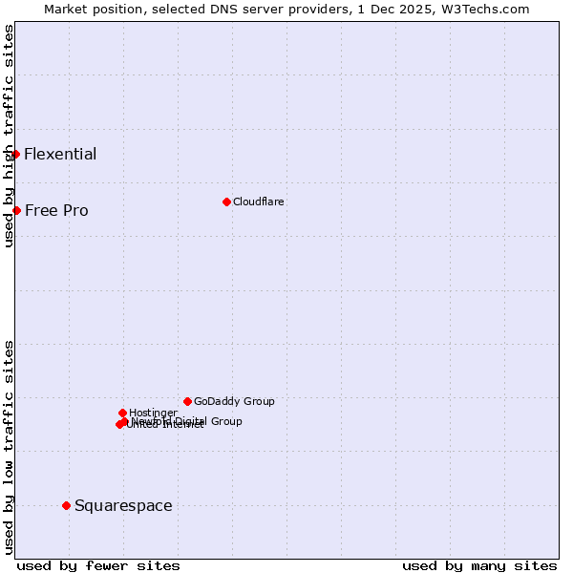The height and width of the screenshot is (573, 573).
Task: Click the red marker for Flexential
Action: pos(15,154)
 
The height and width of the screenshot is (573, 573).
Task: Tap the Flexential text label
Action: pos(60,155)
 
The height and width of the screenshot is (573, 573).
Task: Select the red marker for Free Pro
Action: pos(16,210)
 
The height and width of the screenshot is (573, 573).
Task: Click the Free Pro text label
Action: pos(56,211)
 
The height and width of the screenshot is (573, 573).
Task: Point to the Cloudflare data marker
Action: pos(226,202)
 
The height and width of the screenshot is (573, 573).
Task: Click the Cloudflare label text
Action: pos(259,202)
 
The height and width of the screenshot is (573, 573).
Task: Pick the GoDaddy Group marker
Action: pos(187,401)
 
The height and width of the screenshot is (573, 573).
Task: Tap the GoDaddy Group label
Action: pos(234,402)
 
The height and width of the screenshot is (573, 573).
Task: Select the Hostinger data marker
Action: pos(122,413)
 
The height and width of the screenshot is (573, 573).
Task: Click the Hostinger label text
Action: pos(153,413)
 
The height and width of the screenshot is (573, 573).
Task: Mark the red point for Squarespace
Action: pos(66,505)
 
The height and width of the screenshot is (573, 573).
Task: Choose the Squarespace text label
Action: pos(123,506)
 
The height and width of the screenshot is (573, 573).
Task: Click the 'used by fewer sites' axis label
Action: pos(98,566)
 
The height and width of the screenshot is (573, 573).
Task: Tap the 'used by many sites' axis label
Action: pos(479,566)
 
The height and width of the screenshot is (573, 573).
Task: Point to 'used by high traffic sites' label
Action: pos(9,136)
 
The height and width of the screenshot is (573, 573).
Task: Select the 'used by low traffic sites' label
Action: pos(9,446)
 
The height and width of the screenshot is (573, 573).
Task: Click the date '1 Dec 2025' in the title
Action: pos(411,9)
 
